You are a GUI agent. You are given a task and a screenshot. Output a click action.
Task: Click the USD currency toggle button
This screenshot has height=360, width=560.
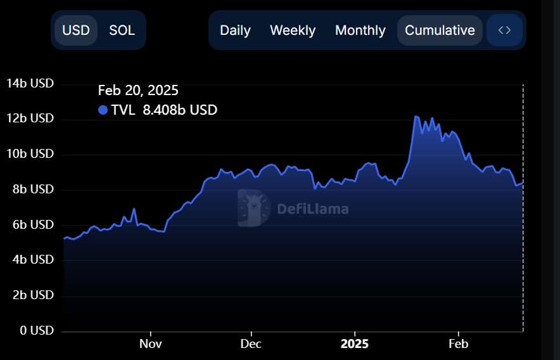pyautogui.click(x=76, y=30)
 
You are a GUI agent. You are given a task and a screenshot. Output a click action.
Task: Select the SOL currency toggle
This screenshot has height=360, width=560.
pyautogui.click(x=122, y=30)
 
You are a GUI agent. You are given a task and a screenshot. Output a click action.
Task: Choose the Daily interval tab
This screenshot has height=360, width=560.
pyautogui.click(x=235, y=30)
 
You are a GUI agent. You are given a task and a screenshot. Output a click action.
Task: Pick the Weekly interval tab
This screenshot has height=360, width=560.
pyautogui.click(x=293, y=30)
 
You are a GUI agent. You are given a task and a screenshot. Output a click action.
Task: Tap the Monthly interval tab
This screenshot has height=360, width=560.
pyautogui.click(x=360, y=30)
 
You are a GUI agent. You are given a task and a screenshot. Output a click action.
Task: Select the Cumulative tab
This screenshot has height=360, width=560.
pyautogui.click(x=440, y=30)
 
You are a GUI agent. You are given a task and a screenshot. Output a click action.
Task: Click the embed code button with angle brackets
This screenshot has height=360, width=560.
pyautogui.click(x=504, y=30)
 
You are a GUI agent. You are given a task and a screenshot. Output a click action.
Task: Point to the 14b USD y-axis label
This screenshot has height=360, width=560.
pyautogui.click(x=30, y=84)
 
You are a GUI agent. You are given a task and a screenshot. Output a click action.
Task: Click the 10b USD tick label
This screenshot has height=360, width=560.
pyautogui.click(x=30, y=154)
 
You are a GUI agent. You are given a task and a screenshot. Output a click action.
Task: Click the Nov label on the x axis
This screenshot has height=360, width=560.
pyautogui.click(x=151, y=344)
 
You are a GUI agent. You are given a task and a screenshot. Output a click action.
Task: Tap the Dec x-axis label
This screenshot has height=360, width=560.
pyautogui.click(x=251, y=344)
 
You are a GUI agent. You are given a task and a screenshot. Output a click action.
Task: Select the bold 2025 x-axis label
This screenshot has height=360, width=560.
pyautogui.click(x=354, y=344)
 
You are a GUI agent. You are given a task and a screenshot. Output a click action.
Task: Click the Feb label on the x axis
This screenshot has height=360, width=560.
pyautogui.click(x=458, y=344)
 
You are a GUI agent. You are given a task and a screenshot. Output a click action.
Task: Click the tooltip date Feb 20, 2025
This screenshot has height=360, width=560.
pyautogui.click(x=138, y=91)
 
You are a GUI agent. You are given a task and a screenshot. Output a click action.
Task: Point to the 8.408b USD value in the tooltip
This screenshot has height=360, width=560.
pyautogui.click(x=180, y=110)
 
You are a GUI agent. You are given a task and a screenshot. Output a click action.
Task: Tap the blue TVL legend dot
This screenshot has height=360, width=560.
pyautogui.click(x=103, y=110)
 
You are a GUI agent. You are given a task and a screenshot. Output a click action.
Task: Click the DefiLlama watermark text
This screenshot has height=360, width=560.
pyautogui.click(x=312, y=208)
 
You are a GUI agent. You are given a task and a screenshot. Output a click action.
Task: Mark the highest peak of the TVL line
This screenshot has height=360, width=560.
pyautogui.click(x=416, y=116)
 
